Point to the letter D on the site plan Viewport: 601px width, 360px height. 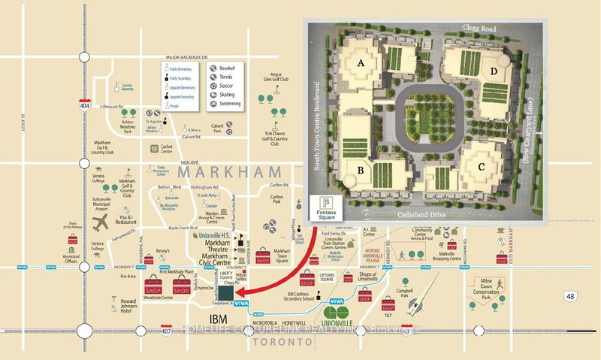click(494, 72)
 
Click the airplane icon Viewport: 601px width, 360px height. click(100, 223)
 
